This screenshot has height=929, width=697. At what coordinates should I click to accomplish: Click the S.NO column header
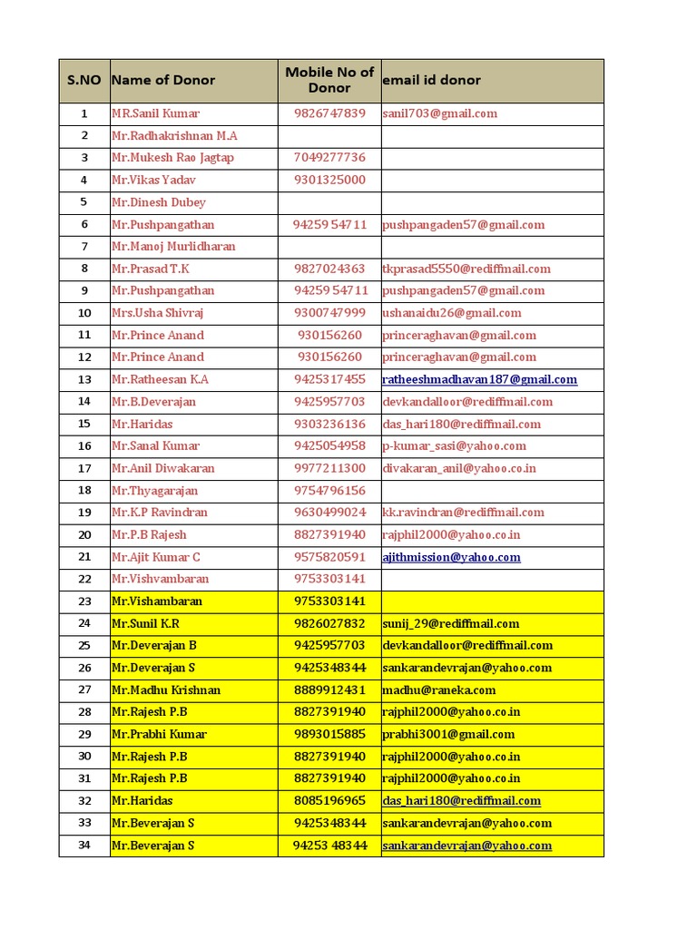(x=84, y=81)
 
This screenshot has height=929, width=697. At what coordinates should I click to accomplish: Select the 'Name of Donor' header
(x=163, y=80)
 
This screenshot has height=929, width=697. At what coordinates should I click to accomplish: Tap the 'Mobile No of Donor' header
(x=329, y=80)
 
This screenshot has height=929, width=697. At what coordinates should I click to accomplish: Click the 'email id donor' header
(x=432, y=80)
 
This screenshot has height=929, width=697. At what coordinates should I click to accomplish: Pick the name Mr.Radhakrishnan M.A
(x=174, y=135)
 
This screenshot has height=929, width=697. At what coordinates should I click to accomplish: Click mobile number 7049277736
(x=329, y=158)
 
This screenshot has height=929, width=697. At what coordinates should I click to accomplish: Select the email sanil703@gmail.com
(x=440, y=113)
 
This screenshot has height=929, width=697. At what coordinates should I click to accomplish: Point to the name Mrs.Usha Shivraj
(x=157, y=313)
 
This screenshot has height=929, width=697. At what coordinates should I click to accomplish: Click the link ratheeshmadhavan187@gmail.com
(x=480, y=379)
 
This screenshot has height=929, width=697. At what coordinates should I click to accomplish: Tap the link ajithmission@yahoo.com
(x=452, y=557)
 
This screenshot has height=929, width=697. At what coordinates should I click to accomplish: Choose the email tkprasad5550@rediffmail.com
(x=466, y=269)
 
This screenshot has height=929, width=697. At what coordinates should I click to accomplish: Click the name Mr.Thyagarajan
(x=154, y=490)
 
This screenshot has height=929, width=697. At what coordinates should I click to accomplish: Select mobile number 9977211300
(x=329, y=468)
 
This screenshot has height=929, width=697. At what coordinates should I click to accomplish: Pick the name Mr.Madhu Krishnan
(x=166, y=690)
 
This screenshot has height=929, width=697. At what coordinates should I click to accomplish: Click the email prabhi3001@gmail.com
(x=448, y=734)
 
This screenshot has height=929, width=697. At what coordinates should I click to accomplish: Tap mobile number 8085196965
(x=329, y=801)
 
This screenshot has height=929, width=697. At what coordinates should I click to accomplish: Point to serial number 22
(x=84, y=579)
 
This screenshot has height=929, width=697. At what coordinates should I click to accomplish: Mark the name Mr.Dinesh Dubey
(x=159, y=202)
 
